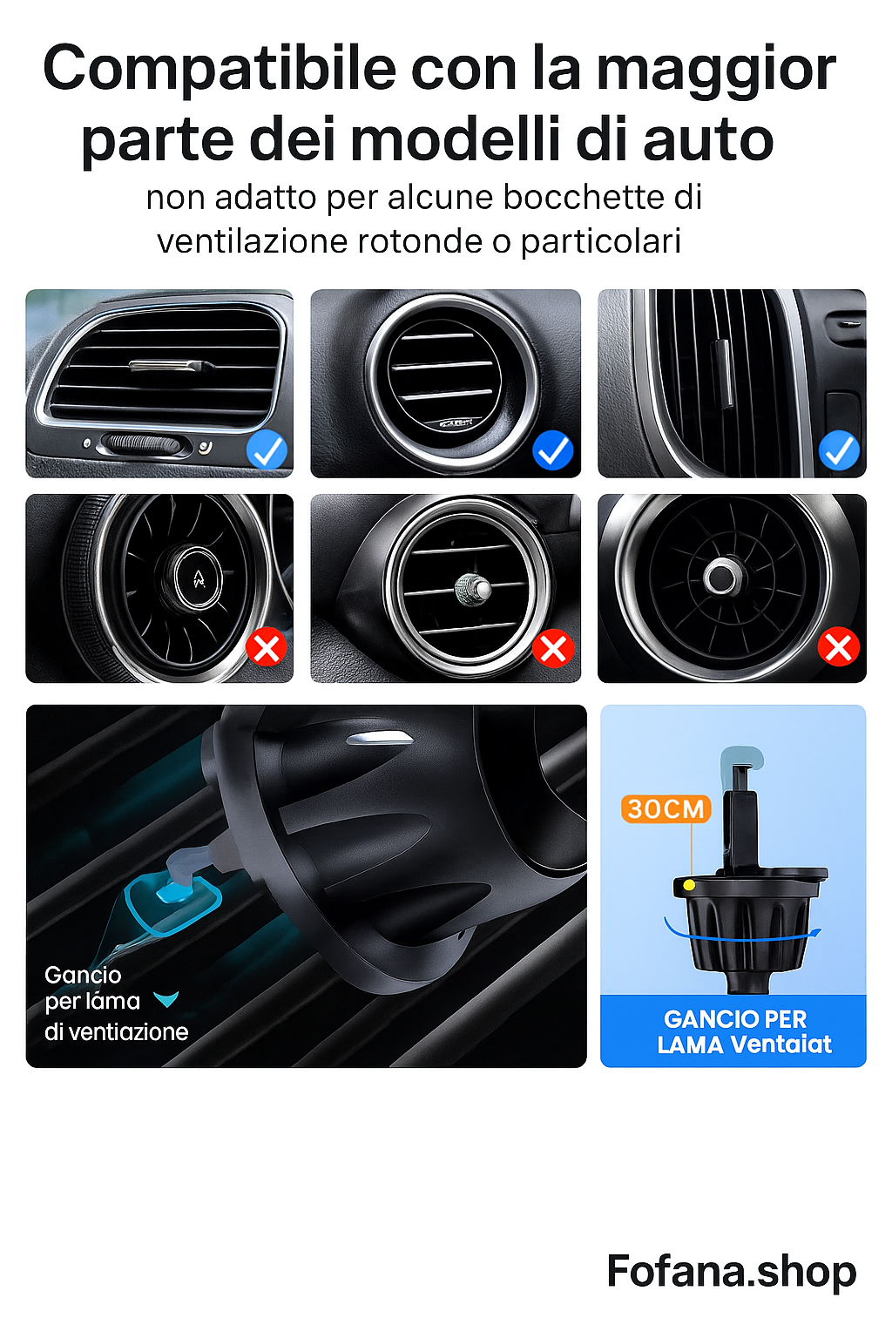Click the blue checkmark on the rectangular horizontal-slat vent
point(267,450)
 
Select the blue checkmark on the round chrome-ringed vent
point(552,450)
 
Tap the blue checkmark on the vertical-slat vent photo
point(839,450)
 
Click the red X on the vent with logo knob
point(267,648)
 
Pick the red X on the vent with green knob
point(553,648)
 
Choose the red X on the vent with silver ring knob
point(839,647)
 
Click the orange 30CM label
point(666,808)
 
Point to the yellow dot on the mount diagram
point(689,885)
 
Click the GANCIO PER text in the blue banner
point(734,1018)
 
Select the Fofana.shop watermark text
point(731,1271)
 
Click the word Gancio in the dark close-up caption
point(83,975)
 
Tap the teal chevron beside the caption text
point(166,999)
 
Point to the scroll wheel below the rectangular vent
point(144,445)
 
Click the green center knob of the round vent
point(473,589)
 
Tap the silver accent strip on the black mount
point(381,739)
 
